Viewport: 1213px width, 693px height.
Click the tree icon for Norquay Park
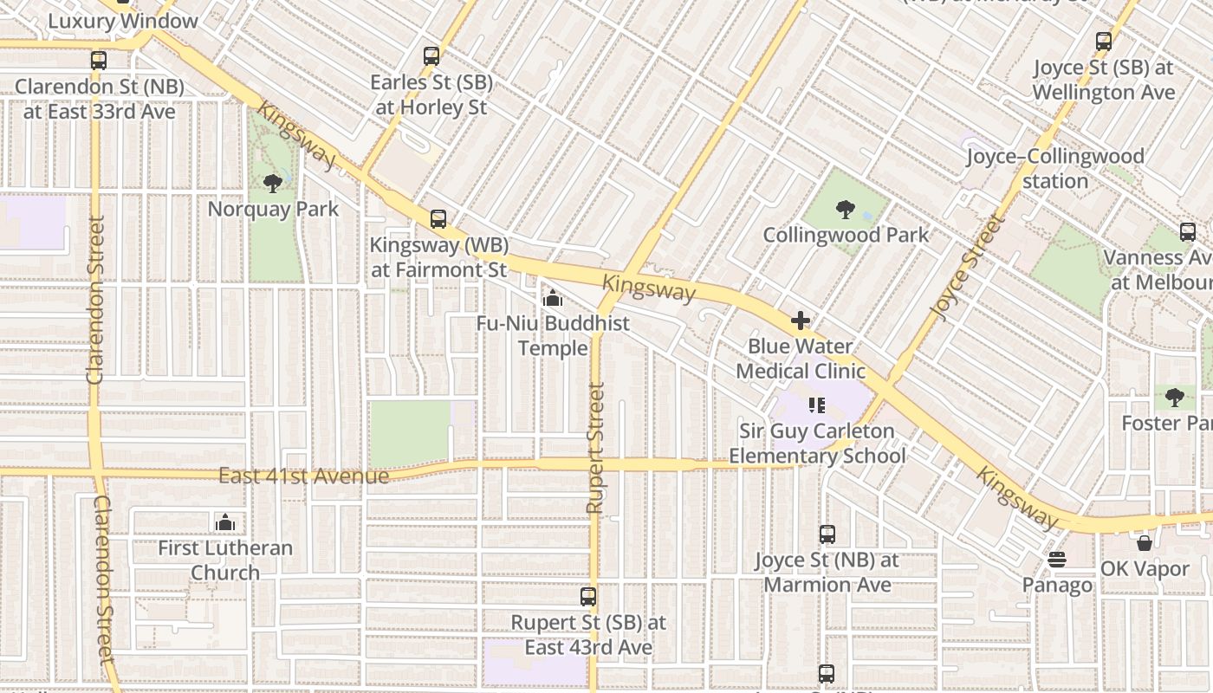pyautogui.click(x=272, y=183)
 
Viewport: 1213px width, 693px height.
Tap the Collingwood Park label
pyautogui.click(x=845, y=235)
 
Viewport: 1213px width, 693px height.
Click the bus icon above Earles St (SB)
pyautogui.click(x=431, y=57)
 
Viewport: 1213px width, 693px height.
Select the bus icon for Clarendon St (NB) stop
pyautogui.click(x=99, y=61)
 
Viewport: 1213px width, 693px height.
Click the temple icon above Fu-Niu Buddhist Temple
pyautogui.click(x=552, y=299)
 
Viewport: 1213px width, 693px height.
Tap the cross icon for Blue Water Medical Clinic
pyautogui.click(x=800, y=321)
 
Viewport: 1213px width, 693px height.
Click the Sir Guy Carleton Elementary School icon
pyautogui.click(x=816, y=405)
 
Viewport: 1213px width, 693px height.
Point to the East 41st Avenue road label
pyautogui.click(x=303, y=476)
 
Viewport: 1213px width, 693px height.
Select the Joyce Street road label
pyautogui.click(x=968, y=266)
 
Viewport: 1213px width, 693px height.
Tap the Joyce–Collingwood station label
pyautogui.click(x=1054, y=169)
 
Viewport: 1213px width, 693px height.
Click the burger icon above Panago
pyautogui.click(x=1056, y=560)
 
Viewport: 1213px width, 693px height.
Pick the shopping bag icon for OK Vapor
pyautogui.click(x=1144, y=544)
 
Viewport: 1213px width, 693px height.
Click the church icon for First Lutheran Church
pyautogui.click(x=225, y=522)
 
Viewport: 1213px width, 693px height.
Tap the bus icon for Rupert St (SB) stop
pyautogui.click(x=588, y=597)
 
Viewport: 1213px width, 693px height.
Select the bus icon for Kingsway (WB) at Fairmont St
pyautogui.click(x=438, y=219)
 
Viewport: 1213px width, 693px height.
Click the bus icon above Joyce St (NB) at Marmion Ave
pyautogui.click(x=827, y=534)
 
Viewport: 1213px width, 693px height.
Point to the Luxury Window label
pyautogui.click(x=122, y=21)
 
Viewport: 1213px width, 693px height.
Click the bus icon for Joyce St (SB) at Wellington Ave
pyautogui.click(x=1103, y=42)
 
